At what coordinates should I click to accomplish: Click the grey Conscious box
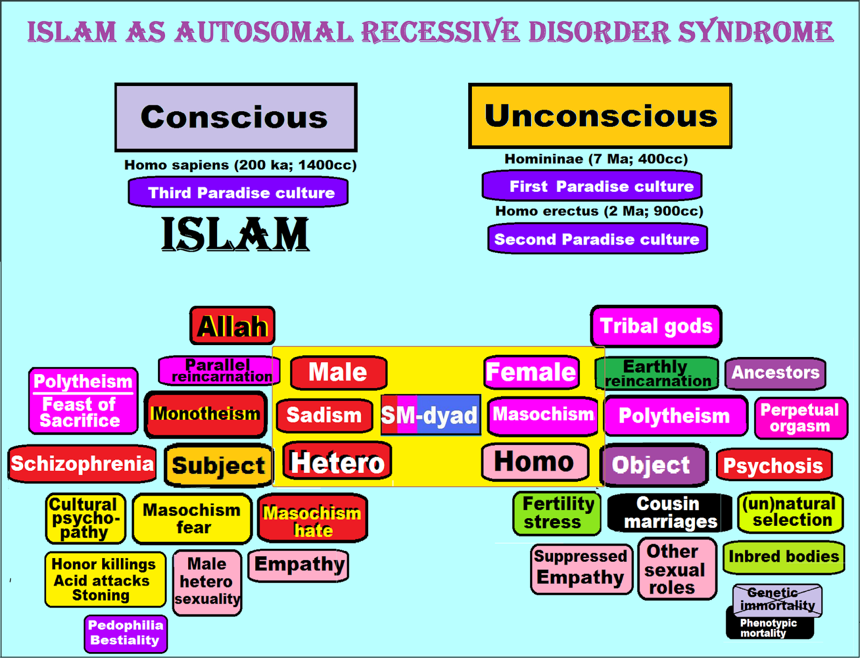(x=235, y=117)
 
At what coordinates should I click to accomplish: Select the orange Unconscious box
(x=600, y=116)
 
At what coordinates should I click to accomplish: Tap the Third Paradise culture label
(x=238, y=192)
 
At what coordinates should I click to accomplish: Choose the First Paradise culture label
(x=592, y=186)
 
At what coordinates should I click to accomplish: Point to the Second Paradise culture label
(x=597, y=239)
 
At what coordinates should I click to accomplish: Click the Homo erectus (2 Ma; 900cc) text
(x=599, y=211)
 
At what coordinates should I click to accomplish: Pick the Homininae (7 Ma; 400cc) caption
(x=596, y=159)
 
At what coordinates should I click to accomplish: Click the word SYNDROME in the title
(x=755, y=32)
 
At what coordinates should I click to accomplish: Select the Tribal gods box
(x=656, y=326)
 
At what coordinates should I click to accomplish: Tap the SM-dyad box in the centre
(x=430, y=415)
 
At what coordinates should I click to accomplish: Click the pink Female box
(x=531, y=372)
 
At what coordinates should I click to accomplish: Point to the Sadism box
(x=324, y=415)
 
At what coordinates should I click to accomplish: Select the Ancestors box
(x=775, y=373)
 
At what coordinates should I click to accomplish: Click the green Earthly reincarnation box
(x=657, y=374)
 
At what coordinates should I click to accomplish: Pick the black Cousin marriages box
(x=669, y=513)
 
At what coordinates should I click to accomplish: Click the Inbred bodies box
(x=783, y=557)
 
